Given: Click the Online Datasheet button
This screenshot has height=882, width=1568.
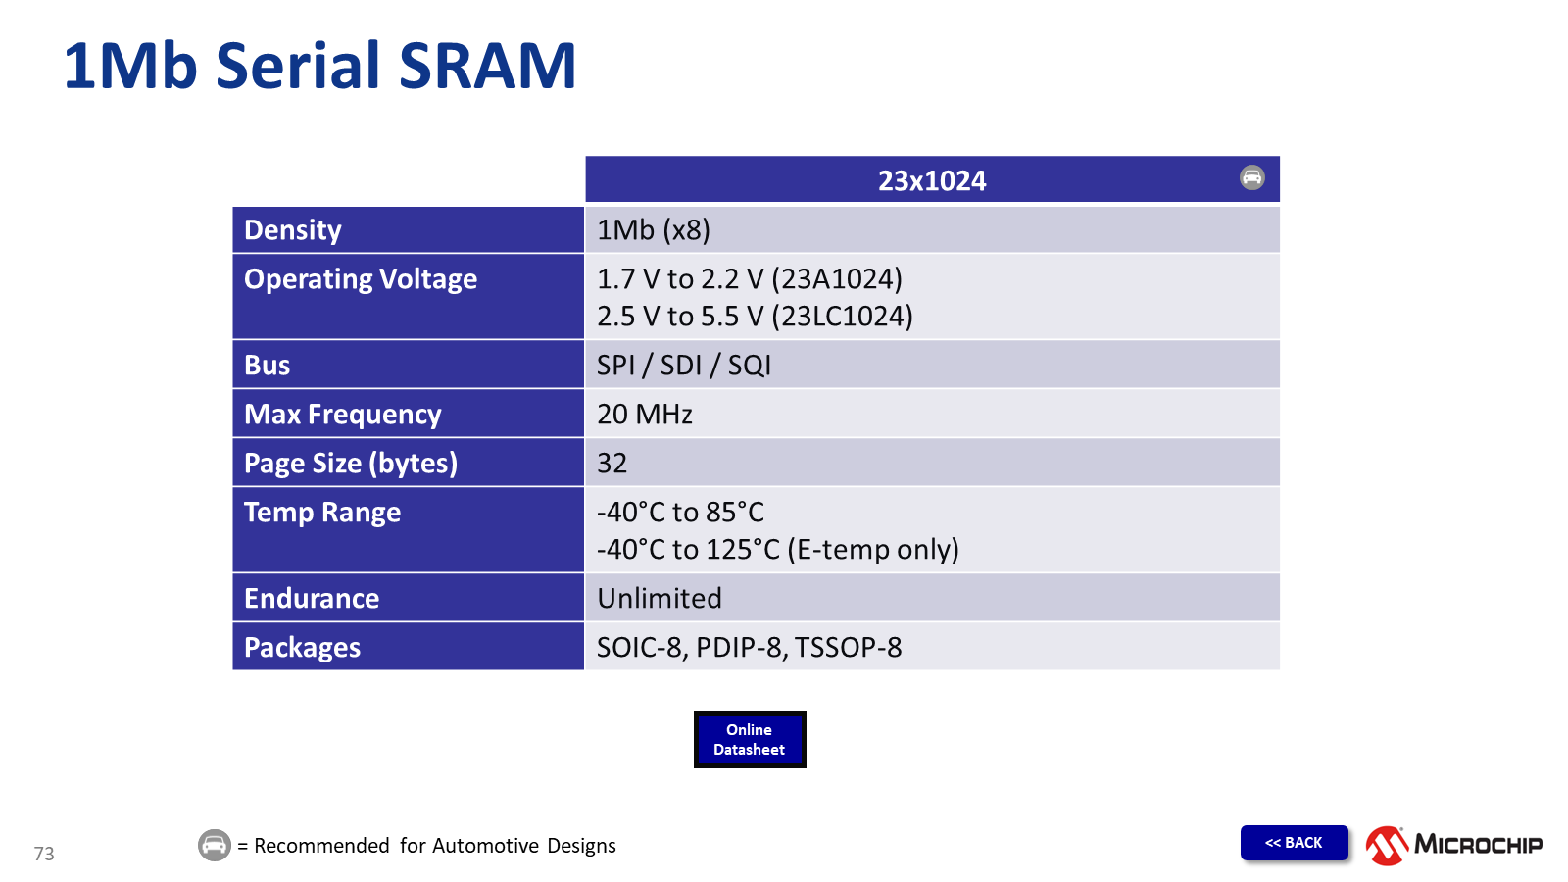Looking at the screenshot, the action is click(x=750, y=740).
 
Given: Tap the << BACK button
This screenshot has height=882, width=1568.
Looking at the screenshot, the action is click(x=1294, y=843).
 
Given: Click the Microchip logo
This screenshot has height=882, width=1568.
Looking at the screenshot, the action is click(x=1454, y=845).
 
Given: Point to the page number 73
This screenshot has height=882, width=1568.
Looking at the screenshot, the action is click(x=44, y=854).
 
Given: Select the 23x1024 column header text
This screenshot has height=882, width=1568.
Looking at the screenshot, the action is click(x=932, y=180).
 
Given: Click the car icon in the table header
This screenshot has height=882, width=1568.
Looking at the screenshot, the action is click(x=1252, y=177).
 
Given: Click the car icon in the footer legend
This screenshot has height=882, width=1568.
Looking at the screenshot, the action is click(x=215, y=845).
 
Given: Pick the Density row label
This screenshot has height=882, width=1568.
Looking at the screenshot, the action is click(x=293, y=230).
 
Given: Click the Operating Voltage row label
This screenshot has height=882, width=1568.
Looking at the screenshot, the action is click(x=361, y=279).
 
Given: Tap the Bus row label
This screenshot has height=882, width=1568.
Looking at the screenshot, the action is click(x=267, y=366).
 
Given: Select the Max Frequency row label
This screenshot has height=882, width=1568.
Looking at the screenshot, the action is click(x=342, y=415).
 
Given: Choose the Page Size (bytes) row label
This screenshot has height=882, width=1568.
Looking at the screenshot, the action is click(x=351, y=464).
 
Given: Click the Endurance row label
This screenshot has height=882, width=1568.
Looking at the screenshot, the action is click(x=312, y=599).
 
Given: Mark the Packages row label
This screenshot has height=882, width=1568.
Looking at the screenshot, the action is click(x=302, y=648).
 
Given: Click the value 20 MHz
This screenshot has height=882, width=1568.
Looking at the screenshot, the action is click(x=645, y=415).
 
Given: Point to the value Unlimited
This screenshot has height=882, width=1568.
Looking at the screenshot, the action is click(x=660, y=599).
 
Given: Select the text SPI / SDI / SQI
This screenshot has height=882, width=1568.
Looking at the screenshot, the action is click(x=684, y=366).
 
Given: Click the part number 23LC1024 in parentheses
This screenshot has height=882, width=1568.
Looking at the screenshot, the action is click(x=843, y=317).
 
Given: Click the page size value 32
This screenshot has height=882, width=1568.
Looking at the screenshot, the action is click(x=612, y=464).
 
